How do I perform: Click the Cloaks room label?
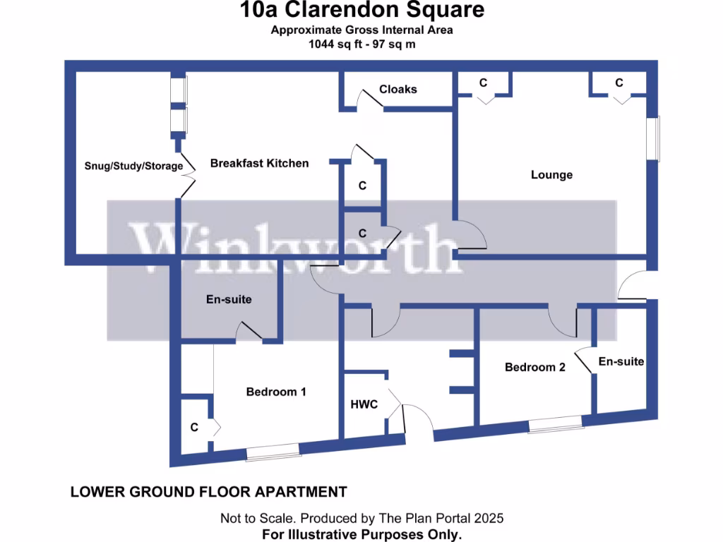click(398, 89)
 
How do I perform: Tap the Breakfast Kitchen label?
click(259, 163)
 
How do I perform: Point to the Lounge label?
click(551, 174)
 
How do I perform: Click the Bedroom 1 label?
click(275, 391)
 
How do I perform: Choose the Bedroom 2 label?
click(534, 367)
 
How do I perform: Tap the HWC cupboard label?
click(364, 404)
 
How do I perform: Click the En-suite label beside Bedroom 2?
click(621, 361)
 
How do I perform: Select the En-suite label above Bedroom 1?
click(229, 299)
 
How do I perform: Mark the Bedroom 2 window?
click(556, 423)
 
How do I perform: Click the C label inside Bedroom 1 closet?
click(193, 427)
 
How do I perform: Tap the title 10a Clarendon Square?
click(361, 10)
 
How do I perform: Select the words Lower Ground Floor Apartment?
click(208, 492)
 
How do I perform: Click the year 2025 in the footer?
click(489, 518)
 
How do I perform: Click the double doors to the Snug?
click(186, 174)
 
